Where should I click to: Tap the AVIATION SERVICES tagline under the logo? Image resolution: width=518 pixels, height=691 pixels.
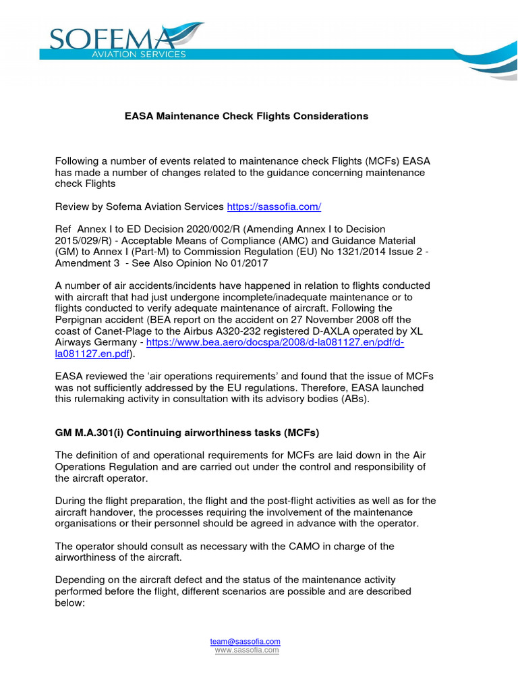[139, 55]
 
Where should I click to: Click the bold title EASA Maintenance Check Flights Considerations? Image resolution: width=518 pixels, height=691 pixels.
[246, 116]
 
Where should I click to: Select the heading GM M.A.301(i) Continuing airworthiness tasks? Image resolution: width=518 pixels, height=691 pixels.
[186, 431]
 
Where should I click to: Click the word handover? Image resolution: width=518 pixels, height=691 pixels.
[107, 512]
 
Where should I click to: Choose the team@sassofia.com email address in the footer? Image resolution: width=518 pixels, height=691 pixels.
[245, 641]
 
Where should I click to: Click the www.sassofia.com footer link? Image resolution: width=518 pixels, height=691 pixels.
[247, 650]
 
